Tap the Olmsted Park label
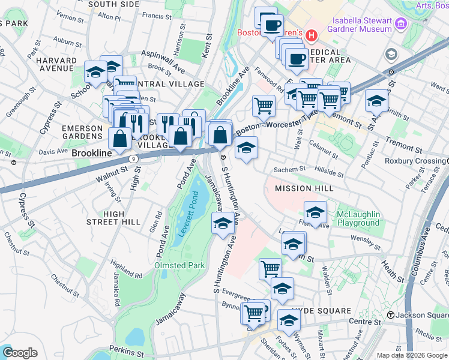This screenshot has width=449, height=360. [179, 265]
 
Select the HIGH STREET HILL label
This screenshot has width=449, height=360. [122, 218]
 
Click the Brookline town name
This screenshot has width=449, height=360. [92, 154]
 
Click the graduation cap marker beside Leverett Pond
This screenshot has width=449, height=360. [223, 223]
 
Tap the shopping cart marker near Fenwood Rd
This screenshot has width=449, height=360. [264, 106]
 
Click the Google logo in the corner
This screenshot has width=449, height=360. [20, 353]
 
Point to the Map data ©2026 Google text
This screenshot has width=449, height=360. [411, 355]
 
